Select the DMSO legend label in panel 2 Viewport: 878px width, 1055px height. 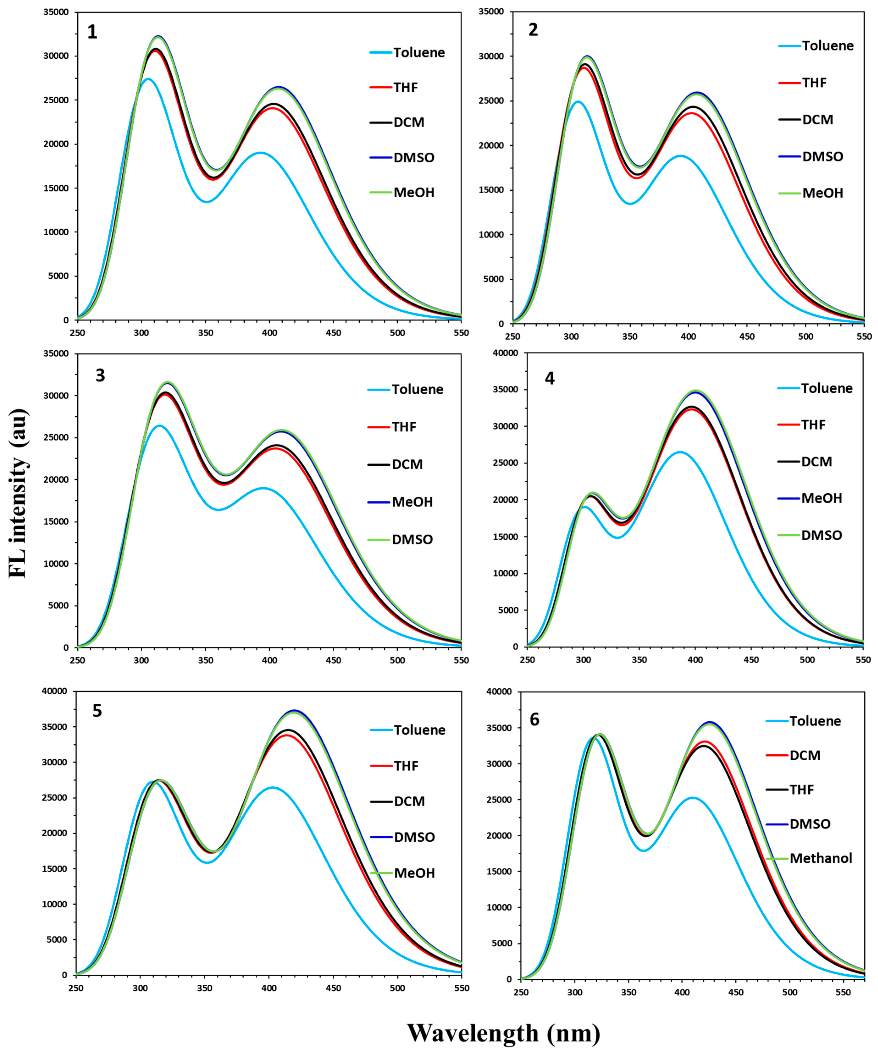822,156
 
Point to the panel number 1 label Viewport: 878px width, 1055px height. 92,32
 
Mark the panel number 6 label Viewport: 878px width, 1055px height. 535,720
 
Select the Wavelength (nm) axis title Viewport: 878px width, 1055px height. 504,1033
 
